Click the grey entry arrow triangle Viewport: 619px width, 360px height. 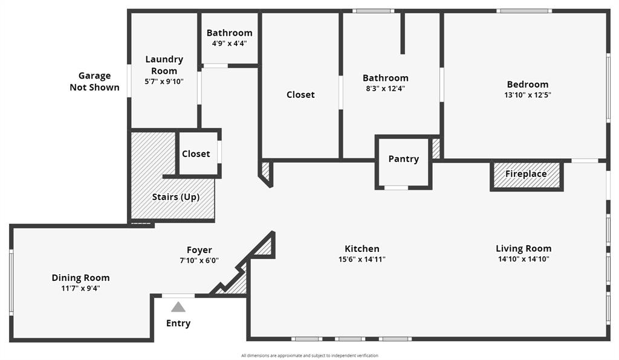(x=178, y=307)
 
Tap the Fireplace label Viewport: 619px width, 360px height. (x=526, y=174)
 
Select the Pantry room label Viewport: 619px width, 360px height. (x=403, y=159)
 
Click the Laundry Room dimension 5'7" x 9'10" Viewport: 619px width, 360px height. (x=164, y=82)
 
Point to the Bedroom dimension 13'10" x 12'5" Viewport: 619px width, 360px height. (x=528, y=95)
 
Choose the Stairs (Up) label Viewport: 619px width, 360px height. (x=175, y=197)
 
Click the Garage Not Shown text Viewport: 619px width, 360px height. (x=94, y=82)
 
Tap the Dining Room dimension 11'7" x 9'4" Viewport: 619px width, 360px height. (x=80, y=288)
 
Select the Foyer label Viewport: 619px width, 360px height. (x=199, y=250)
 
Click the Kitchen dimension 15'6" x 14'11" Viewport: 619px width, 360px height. (x=362, y=259)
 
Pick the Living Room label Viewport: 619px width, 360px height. (x=523, y=248)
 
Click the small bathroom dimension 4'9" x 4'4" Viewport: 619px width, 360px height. (x=229, y=43)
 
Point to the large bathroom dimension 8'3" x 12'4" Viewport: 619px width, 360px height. (x=385, y=88)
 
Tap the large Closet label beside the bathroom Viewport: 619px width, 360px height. (x=300, y=95)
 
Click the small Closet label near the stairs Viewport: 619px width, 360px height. (x=196, y=154)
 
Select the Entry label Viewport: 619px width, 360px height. (x=178, y=323)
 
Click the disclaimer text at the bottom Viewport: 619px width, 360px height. (x=309, y=355)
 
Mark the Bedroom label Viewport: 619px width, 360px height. (x=528, y=85)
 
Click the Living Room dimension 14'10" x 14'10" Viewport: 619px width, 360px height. (x=523, y=259)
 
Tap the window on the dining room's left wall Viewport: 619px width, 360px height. (x=11, y=282)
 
